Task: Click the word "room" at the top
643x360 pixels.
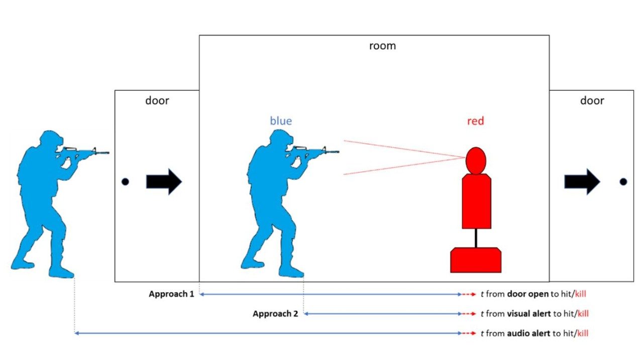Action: (x=382, y=46)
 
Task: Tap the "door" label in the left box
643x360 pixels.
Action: (x=157, y=100)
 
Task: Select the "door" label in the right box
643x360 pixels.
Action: (x=592, y=100)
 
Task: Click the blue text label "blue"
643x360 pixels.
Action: (x=281, y=121)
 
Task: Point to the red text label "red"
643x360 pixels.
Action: (x=475, y=121)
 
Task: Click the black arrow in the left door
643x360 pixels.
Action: (x=164, y=182)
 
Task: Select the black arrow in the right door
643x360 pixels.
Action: (x=582, y=182)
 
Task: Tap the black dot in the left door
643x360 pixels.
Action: (x=125, y=182)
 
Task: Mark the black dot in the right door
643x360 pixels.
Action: (x=623, y=182)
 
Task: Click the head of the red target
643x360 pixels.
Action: (x=476, y=160)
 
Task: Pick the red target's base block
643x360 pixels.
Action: (x=476, y=260)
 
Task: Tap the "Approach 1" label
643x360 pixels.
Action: (x=171, y=294)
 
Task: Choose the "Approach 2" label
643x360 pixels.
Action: (x=275, y=314)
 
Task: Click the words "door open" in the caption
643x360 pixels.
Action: (x=527, y=294)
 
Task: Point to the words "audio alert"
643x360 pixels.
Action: (x=528, y=333)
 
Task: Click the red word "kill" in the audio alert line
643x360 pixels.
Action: (x=582, y=333)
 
